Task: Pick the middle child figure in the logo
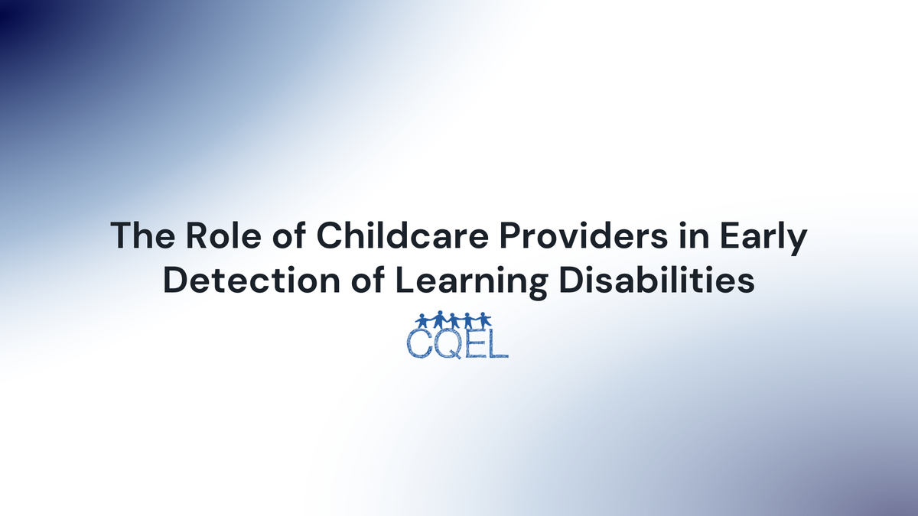tap(453, 320)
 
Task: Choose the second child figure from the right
tap(469, 320)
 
